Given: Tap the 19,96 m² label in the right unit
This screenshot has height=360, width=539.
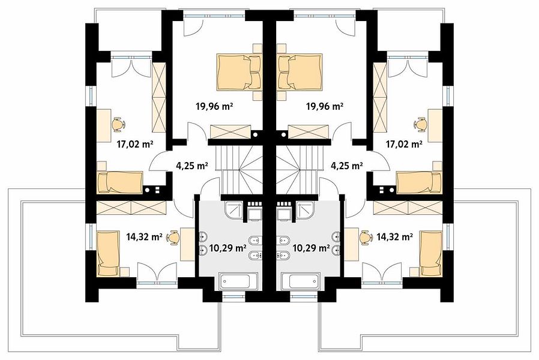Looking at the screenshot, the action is click(x=325, y=106).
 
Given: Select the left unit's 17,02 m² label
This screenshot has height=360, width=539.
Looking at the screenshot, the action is click(x=134, y=144).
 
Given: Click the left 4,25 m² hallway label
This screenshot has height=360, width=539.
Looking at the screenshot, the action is click(x=192, y=166).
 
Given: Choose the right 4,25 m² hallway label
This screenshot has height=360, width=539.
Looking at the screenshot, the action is click(x=346, y=166).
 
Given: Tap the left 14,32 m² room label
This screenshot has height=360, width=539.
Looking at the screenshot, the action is click(x=144, y=236).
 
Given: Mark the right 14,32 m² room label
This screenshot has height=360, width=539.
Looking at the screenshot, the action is click(x=394, y=236).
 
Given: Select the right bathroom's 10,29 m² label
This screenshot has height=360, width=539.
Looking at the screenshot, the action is click(x=311, y=248).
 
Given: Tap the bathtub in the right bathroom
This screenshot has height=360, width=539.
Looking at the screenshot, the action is click(x=303, y=281).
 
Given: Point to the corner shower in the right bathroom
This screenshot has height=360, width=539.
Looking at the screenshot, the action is click(x=305, y=209).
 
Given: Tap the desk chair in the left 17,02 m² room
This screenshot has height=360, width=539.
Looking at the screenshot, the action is click(x=118, y=124).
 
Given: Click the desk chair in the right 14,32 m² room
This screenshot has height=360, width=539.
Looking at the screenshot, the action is click(x=366, y=237).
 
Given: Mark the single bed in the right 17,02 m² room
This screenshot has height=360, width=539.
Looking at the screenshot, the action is click(x=420, y=182).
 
